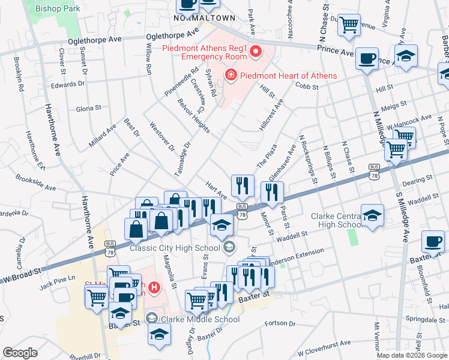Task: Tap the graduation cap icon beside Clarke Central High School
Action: point(372,215)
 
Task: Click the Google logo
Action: point(20,353)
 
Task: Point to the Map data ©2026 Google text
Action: point(412,355)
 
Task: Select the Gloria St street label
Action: point(88,108)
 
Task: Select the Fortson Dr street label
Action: point(280,323)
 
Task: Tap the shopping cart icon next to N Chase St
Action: point(349,25)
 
